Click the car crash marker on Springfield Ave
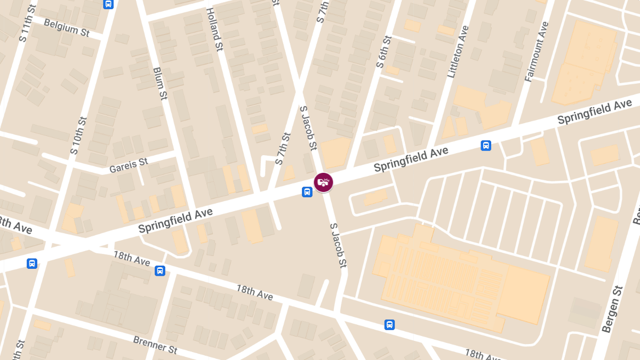point(323,182)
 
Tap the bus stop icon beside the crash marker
point(307,192)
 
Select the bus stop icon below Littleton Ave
point(486,145)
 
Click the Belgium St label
point(67,27)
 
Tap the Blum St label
point(160,83)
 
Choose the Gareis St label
point(128,165)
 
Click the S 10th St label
point(78,135)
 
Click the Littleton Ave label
point(458,52)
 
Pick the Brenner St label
point(155,345)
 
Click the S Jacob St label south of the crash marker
point(338,245)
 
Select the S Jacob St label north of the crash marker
point(309,128)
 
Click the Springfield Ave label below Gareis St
point(175,220)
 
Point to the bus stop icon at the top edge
point(108,4)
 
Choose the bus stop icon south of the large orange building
point(390,324)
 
